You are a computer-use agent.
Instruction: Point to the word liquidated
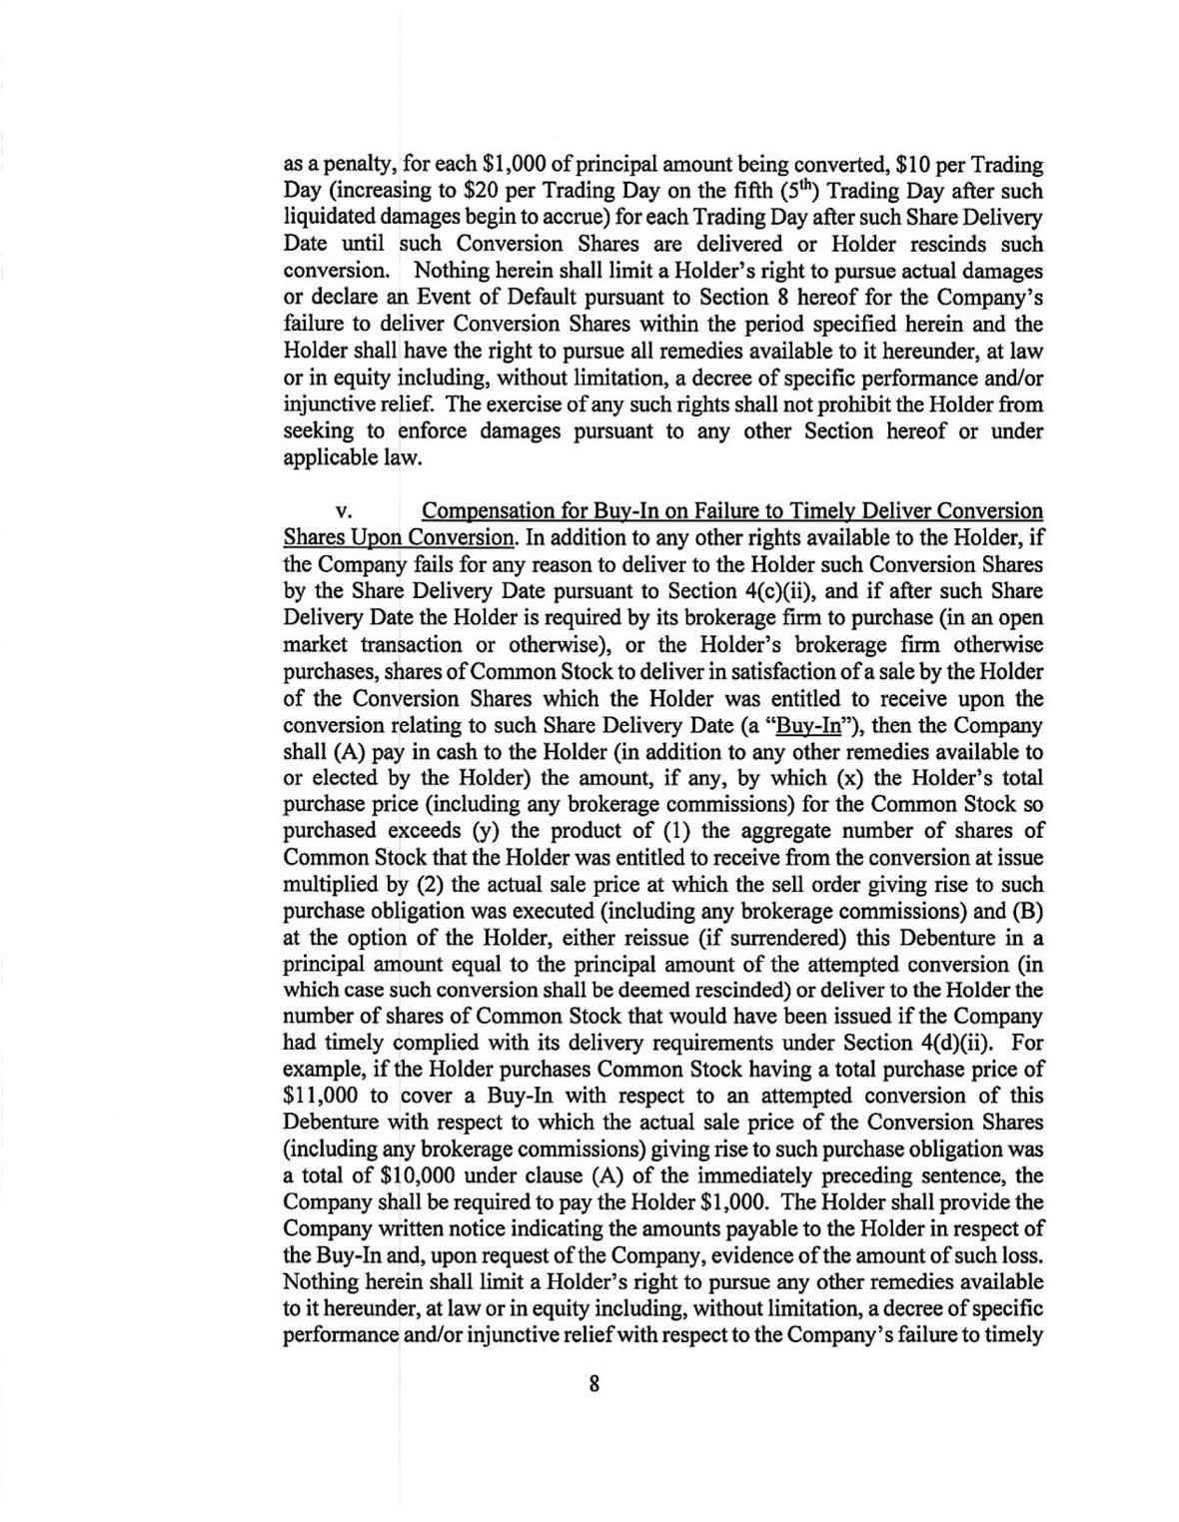[x=330, y=218]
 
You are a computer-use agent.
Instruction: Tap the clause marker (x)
[x=853, y=778]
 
